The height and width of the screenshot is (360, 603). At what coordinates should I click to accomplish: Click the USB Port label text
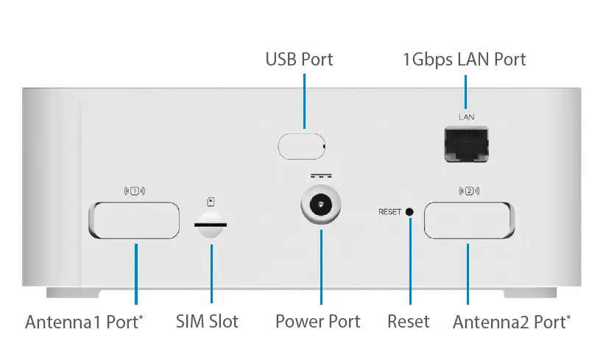(299, 59)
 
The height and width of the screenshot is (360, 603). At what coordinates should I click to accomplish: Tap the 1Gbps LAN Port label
(464, 59)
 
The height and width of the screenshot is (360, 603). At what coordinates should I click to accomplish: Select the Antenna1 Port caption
(84, 322)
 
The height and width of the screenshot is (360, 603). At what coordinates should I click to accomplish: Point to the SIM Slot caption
(207, 322)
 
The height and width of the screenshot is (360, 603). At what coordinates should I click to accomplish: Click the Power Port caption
(317, 322)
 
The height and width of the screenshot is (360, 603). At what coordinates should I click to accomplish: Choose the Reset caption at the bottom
(408, 322)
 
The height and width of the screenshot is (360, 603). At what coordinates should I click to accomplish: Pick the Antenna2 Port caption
(511, 322)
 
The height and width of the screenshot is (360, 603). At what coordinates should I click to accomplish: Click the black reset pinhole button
(410, 212)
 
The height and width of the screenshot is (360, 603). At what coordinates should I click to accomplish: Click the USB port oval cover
(301, 146)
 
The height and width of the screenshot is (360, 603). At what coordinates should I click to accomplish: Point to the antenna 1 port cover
(134, 220)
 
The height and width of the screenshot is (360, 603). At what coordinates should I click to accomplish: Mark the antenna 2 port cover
(469, 220)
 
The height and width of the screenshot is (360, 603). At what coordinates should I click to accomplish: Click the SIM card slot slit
(211, 223)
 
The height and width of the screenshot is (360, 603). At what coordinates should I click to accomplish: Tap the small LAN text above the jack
(466, 117)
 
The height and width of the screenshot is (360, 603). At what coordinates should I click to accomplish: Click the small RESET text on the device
(389, 212)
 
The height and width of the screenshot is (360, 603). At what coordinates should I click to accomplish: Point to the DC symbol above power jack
(321, 177)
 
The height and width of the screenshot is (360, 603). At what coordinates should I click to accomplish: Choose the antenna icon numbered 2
(469, 191)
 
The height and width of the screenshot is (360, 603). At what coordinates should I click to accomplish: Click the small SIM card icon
(211, 200)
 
